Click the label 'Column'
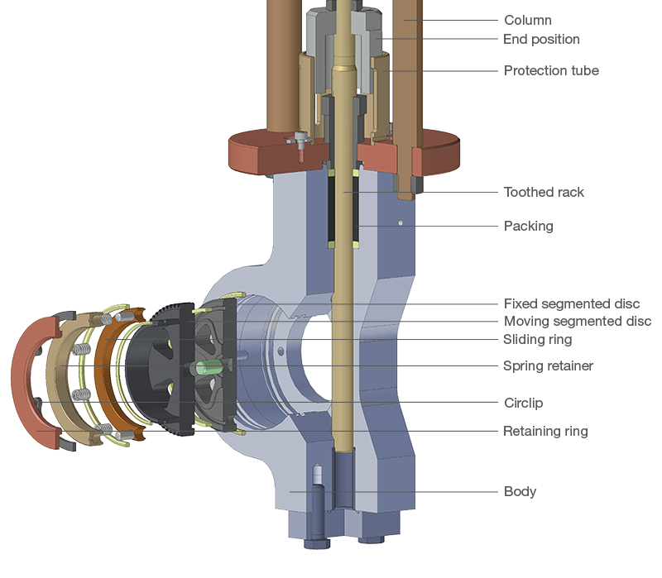coord(527,20)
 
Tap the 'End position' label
coord(541,40)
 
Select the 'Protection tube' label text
coord(551,71)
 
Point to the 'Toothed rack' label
coord(544,193)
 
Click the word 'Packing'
coord(528,226)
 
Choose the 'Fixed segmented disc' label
coord(571,304)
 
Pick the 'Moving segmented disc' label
coord(577,322)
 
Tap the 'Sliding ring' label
coord(537,340)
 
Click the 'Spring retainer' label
coord(548,366)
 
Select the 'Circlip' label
coord(523,404)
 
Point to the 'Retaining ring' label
coord(545,432)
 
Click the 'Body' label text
coord(520,492)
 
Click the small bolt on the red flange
coord(297,142)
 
